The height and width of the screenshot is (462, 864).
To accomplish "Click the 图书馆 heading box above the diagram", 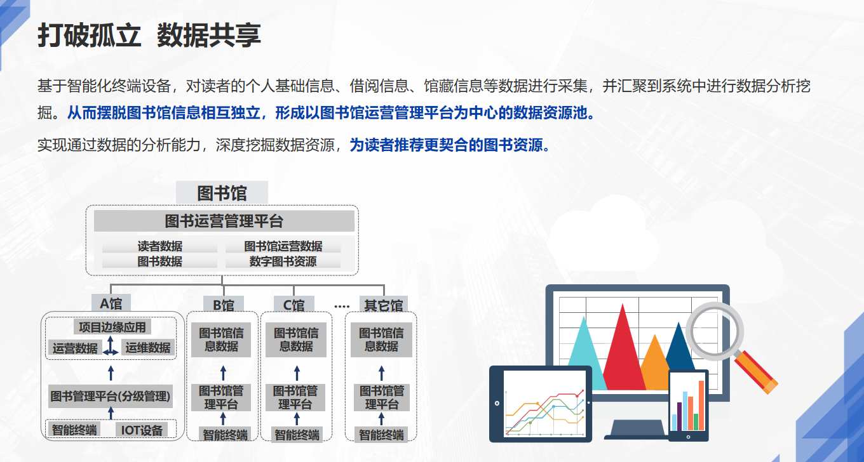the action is point(222,192).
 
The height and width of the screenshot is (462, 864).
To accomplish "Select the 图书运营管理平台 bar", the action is point(224,221).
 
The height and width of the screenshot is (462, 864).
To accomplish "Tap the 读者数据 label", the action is point(159,246).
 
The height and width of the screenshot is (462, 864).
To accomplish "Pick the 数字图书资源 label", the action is point(283,261).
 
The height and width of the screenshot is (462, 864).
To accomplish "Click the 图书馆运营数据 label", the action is point(283,246).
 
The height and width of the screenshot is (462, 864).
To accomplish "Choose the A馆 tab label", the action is point(111,303).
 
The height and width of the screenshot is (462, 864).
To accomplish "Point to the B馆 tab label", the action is point(224,305).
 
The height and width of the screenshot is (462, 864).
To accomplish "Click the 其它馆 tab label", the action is point(384,305).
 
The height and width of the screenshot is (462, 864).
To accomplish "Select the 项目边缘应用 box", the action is point(112,327).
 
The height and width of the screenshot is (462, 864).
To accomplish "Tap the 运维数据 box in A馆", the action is point(148,348).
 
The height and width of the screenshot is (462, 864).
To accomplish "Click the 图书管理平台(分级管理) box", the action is point(111,396).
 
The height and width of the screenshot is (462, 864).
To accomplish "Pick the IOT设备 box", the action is point(142,430).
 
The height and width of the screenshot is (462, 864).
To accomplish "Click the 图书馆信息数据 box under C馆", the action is point(296,340).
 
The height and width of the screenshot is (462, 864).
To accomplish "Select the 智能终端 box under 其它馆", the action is point(381,435).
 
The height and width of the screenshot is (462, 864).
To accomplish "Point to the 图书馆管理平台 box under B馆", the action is point(221,397).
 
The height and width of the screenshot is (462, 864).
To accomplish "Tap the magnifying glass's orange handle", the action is point(755,373).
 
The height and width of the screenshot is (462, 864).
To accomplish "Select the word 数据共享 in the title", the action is point(208,35).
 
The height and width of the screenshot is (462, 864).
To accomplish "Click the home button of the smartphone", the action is point(688,437).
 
